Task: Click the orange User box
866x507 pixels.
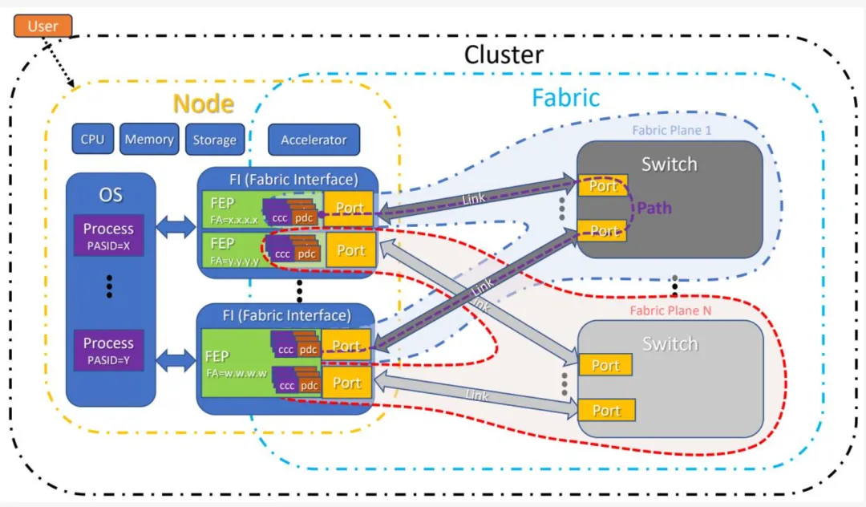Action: (x=42, y=26)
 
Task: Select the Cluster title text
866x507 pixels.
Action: (x=504, y=55)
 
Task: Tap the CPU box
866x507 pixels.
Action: (x=92, y=140)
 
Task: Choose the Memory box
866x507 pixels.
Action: (x=149, y=140)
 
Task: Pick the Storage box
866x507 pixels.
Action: (x=214, y=140)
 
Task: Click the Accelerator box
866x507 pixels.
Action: (x=314, y=140)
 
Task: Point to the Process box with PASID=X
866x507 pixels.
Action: (x=108, y=235)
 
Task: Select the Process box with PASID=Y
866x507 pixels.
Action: (x=108, y=349)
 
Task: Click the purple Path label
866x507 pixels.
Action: (x=654, y=209)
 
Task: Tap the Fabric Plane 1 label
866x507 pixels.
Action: (x=671, y=130)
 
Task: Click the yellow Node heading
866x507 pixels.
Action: (x=204, y=103)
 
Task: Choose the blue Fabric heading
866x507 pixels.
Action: (x=565, y=97)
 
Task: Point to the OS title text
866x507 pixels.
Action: (x=111, y=195)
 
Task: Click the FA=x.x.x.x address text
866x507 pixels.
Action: (x=234, y=218)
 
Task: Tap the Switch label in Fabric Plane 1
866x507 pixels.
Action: (x=669, y=164)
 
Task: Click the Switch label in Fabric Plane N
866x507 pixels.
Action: (x=670, y=344)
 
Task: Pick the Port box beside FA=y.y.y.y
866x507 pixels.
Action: (x=350, y=250)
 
